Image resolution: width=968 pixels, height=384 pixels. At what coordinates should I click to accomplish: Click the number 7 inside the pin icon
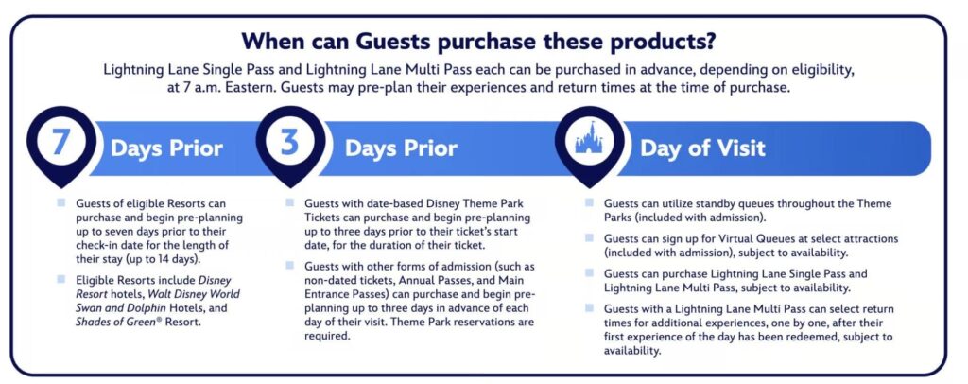click(x=60, y=142)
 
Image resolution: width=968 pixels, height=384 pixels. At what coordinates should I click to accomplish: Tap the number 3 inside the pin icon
click(x=290, y=142)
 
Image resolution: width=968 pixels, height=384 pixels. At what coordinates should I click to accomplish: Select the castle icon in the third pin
click(x=590, y=141)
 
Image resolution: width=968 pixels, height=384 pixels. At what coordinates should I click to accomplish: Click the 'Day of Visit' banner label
click(x=702, y=148)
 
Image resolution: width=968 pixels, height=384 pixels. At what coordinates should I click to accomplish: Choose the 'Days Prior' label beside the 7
click(x=166, y=148)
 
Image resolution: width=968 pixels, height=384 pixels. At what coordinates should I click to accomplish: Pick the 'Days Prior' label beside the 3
click(x=401, y=148)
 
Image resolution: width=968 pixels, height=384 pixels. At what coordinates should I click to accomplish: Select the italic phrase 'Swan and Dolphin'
click(x=115, y=308)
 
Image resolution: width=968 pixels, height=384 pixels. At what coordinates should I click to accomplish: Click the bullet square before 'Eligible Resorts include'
click(x=60, y=279)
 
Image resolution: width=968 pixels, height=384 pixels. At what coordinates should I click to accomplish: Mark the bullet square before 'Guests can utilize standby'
click(x=590, y=202)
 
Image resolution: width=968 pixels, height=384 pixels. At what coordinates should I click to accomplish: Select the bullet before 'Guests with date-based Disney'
click(x=289, y=202)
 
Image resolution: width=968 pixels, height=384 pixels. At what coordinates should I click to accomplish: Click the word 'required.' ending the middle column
click(x=327, y=336)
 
